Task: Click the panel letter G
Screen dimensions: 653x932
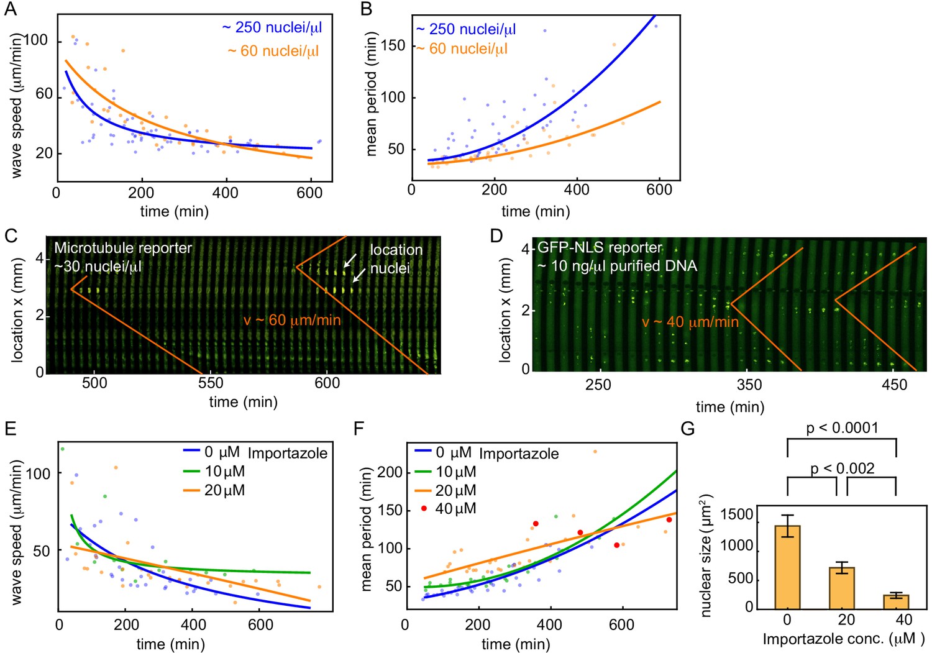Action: (688, 429)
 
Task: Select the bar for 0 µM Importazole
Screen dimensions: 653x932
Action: (787, 567)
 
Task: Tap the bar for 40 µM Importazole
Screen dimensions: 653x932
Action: (896, 601)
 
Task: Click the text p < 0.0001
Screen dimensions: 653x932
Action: (842, 428)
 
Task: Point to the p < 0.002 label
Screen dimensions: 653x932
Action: (842, 468)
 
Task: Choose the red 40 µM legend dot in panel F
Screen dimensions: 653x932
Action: (424, 508)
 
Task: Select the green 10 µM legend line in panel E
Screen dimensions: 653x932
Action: (191, 472)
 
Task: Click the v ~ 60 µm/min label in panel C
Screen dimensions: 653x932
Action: (292, 321)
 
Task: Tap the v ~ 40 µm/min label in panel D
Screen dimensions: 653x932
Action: (690, 322)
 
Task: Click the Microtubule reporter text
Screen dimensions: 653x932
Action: (123, 249)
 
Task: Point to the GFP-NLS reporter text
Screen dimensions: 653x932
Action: (600, 247)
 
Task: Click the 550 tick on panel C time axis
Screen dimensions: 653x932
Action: (211, 383)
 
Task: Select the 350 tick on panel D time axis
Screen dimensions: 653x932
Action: (749, 385)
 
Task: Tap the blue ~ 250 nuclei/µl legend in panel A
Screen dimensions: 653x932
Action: (272, 28)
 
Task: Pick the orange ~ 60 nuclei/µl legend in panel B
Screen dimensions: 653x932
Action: (461, 49)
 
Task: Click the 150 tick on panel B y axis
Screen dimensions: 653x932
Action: (393, 46)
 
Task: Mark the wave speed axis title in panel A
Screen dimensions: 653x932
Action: (17, 106)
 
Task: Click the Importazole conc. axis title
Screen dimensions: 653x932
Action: (843, 639)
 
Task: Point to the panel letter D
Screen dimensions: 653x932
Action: (496, 237)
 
